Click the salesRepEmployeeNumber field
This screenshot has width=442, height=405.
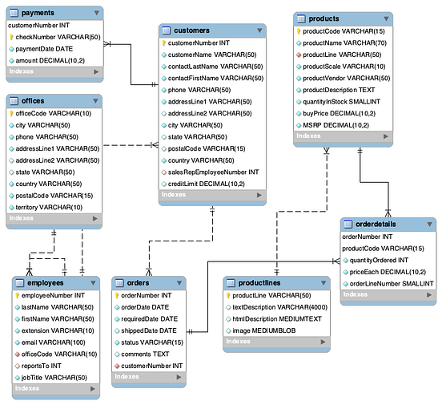tap(213, 172)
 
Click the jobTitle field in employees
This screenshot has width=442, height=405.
tap(53, 377)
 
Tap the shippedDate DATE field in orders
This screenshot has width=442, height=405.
tap(149, 330)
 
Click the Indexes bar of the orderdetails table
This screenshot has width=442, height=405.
tap(388, 296)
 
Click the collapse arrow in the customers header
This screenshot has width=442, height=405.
tap(259, 30)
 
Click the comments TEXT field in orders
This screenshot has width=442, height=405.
tap(145, 354)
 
